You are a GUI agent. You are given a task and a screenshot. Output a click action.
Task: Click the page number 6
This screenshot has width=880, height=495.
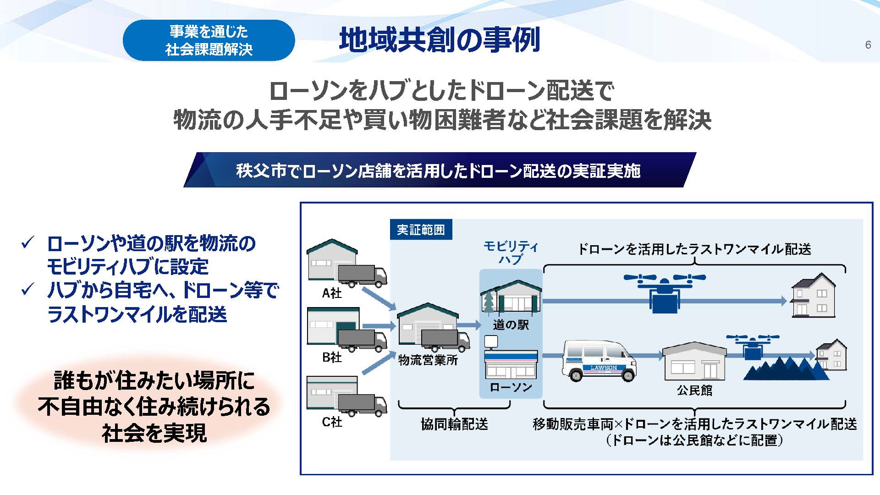pos(868,44)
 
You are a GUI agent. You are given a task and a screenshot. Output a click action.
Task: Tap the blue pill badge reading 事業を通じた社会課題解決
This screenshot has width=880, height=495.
pos(209,40)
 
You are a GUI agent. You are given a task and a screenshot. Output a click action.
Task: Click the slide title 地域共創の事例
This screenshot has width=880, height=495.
pos(440,40)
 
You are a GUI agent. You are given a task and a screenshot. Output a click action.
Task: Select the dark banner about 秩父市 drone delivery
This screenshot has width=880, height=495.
pos(439,170)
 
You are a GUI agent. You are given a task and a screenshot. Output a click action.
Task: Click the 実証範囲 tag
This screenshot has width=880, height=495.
pos(421,230)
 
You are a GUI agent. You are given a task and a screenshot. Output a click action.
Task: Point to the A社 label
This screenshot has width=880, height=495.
pos(332,293)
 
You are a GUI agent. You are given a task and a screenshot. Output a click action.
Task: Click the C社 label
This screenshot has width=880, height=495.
pos(332,422)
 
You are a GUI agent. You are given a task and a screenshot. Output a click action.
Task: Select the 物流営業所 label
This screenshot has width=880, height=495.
pos(428,360)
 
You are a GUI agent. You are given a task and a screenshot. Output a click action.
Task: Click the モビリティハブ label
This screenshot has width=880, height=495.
pos(511,253)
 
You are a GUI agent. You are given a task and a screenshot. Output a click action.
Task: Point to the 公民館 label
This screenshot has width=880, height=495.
pos(694,390)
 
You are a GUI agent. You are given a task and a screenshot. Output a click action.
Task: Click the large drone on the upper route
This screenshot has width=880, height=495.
pos(664,291)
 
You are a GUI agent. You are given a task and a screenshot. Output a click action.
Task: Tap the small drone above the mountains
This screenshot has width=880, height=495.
pos(752,346)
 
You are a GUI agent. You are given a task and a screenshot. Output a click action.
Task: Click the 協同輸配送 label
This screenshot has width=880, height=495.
pos(454,424)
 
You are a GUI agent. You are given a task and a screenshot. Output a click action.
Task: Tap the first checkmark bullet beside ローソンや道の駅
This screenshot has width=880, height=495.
pos(28,242)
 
